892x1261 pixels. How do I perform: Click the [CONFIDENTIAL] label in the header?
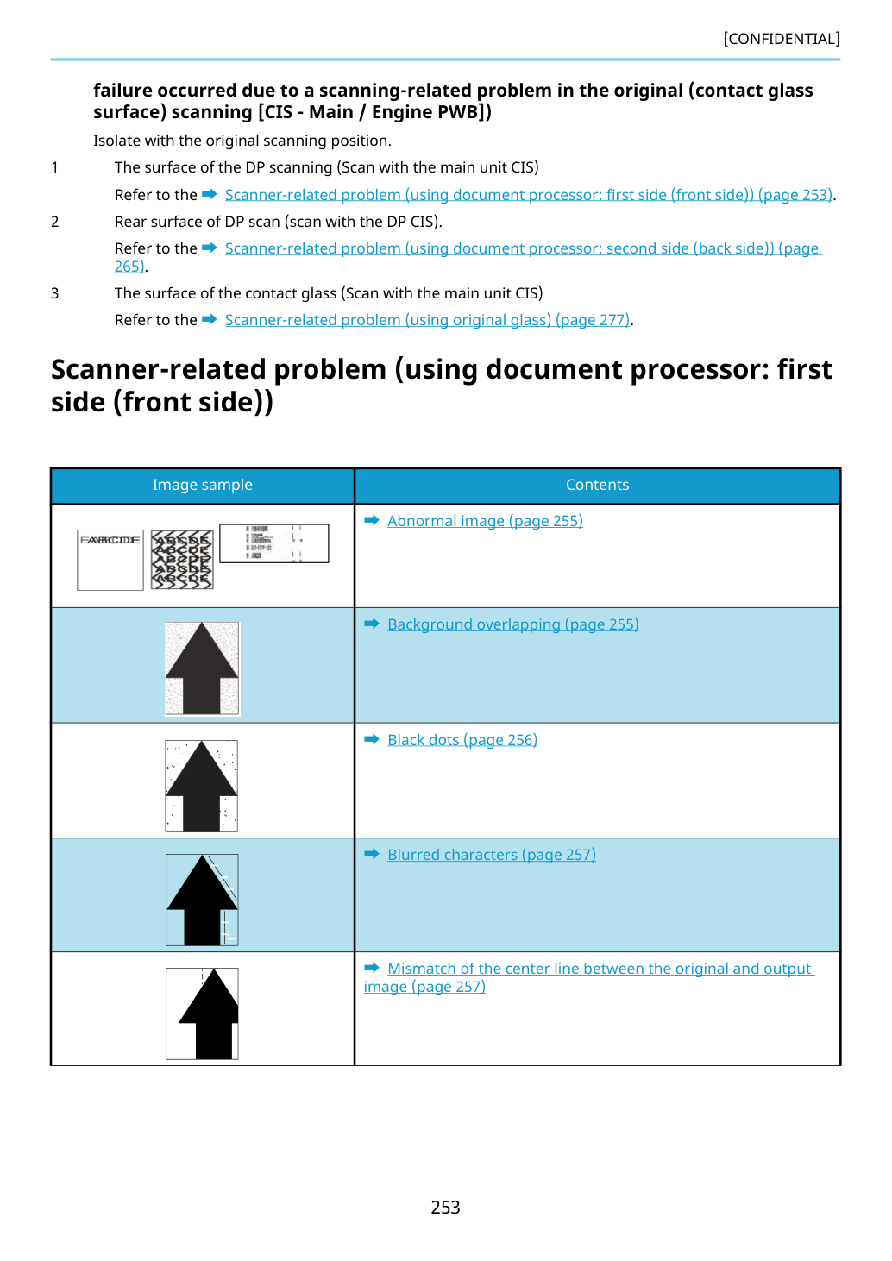(x=781, y=38)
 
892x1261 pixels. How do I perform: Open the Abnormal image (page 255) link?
(x=485, y=521)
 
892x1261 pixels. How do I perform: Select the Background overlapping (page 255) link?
(x=513, y=624)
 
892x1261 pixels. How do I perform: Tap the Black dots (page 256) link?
(x=462, y=740)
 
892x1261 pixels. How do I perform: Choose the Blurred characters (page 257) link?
(x=492, y=855)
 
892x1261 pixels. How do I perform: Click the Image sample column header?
(x=203, y=485)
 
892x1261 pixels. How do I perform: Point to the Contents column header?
(x=598, y=485)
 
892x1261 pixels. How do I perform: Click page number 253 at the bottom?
(x=445, y=1207)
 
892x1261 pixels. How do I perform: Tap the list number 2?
(x=54, y=222)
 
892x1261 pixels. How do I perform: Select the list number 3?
(x=54, y=293)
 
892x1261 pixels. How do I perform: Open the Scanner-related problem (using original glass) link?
(x=427, y=320)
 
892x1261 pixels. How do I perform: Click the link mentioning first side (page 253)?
(x=529, y=195)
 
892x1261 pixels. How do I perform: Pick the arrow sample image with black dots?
(x=202, y=786)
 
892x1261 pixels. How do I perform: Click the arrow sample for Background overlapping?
(x=202, y=668)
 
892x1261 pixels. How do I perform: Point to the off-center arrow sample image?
(x=202, y=1013)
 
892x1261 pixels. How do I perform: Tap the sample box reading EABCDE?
(x=110, y=560)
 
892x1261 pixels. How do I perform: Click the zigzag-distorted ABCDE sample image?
(x=183, y=560)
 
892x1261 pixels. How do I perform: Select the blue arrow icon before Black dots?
(x=372, y=739)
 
